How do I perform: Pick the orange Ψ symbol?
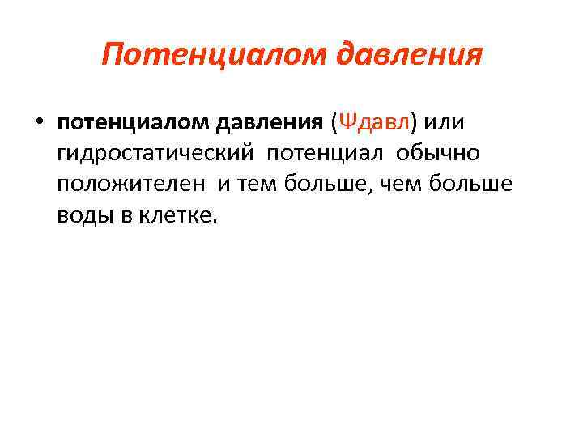[345, 123]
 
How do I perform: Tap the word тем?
[256, 185]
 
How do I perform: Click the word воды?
[83, 215]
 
